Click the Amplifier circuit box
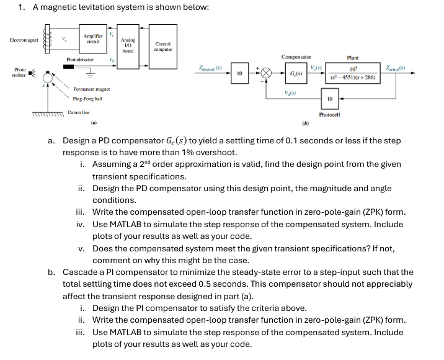(x=92, y=38)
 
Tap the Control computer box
(x=162, y=47)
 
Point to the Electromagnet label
(x=24, y=40)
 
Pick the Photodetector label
(x=80, y=60)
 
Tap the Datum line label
(x=79, y=112)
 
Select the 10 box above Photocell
(x=329, y=99)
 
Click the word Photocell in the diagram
(x=329, y=115)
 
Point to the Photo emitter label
(x=19, y=71)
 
